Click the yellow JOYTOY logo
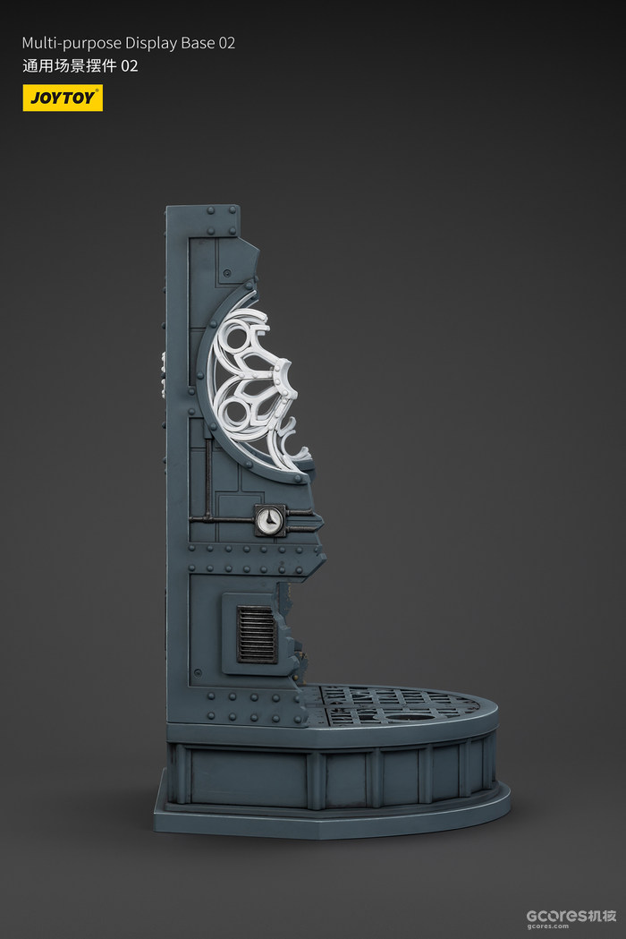pos(63,98)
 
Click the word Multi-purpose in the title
pos(72,44)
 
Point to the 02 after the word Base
pos(227,43)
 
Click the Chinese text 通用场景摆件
pos(70,66)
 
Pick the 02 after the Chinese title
pos(130,66)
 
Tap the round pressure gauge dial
pos(269,520)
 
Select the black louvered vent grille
pos(257,634)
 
